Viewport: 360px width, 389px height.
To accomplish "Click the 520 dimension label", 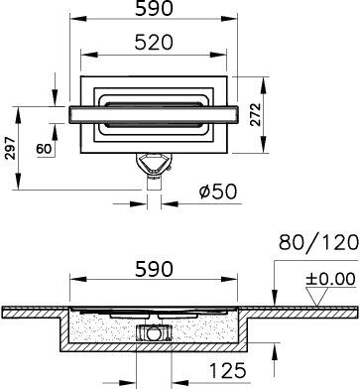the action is pyautogui.click(x=154, y=43).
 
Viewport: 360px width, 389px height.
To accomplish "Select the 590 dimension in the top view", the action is pyautogui.click(x=154, y=9).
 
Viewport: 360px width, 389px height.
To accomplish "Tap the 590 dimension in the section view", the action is pyautogui.click(x=154, y=269).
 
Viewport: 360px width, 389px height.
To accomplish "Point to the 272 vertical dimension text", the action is pyautogui.click(x=255, y=114).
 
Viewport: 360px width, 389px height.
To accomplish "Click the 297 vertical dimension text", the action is pyautogui.click(x=12, y=148).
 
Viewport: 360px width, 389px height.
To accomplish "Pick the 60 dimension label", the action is pyautogui.click(x=44, y=149).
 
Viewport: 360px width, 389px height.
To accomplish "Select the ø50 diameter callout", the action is pyautogui.click(x=218, y=192).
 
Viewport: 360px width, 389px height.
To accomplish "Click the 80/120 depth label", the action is pyautogui.click(x=318, y=242).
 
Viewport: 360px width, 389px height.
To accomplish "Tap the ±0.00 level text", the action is pyautogui.click(x=330, y=279).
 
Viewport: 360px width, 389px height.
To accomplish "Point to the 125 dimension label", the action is pyautogui.click(x=228, y=370).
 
